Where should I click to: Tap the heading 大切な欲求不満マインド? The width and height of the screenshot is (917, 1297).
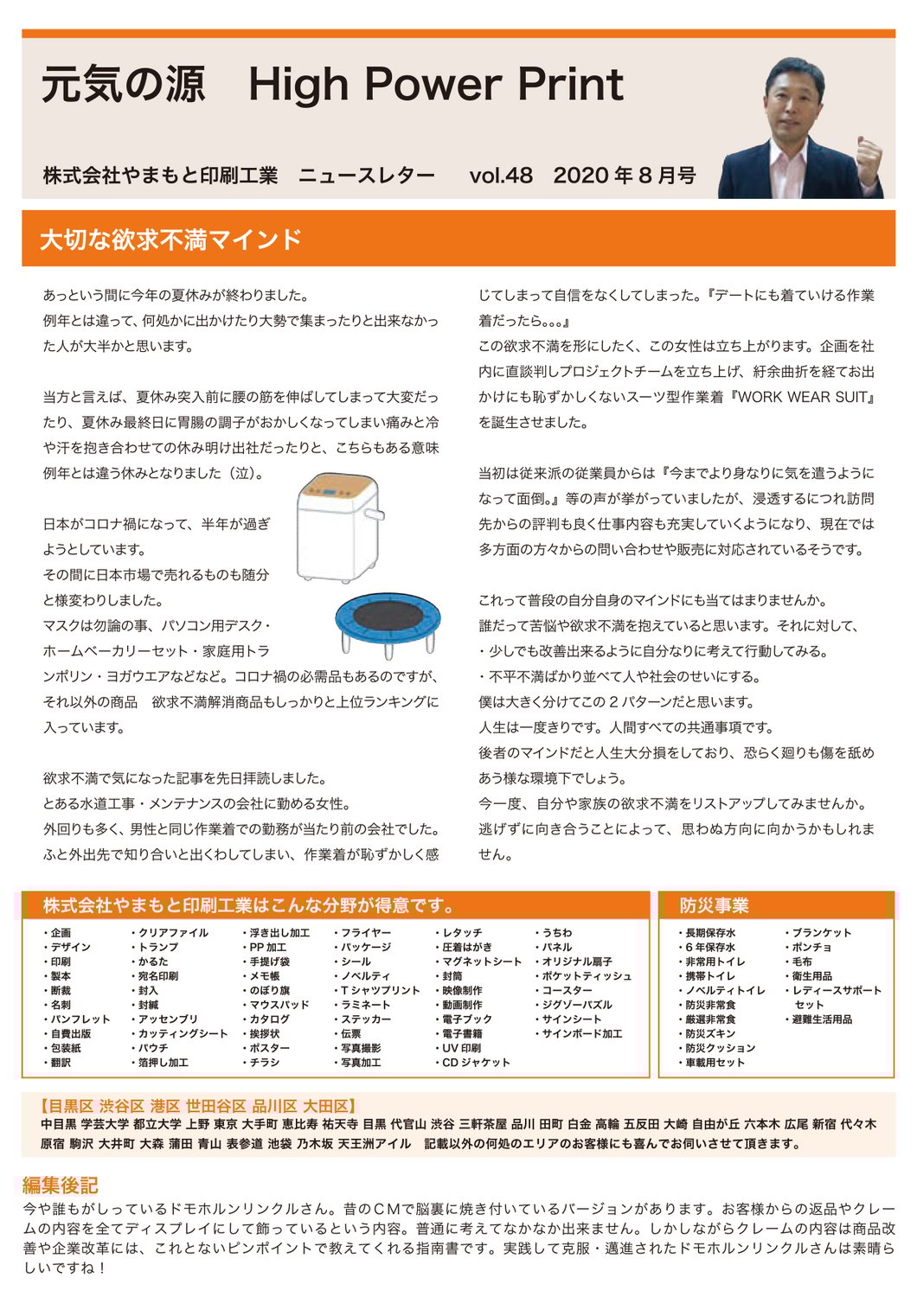coord(170,240)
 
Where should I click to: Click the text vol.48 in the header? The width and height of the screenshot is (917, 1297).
coord(501,176)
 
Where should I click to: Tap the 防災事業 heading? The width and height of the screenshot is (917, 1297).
coord(714,905)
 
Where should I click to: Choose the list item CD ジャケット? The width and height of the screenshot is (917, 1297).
coord(475,1063)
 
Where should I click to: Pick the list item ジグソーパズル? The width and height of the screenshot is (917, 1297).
coord(576,1005)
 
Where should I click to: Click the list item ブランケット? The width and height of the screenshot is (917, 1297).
coord(821,933)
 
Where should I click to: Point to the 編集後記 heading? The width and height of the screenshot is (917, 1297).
coord(60,1185)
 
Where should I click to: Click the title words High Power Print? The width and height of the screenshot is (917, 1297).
coord(435,85)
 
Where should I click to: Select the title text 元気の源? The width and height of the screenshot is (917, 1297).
coord(123,85)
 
